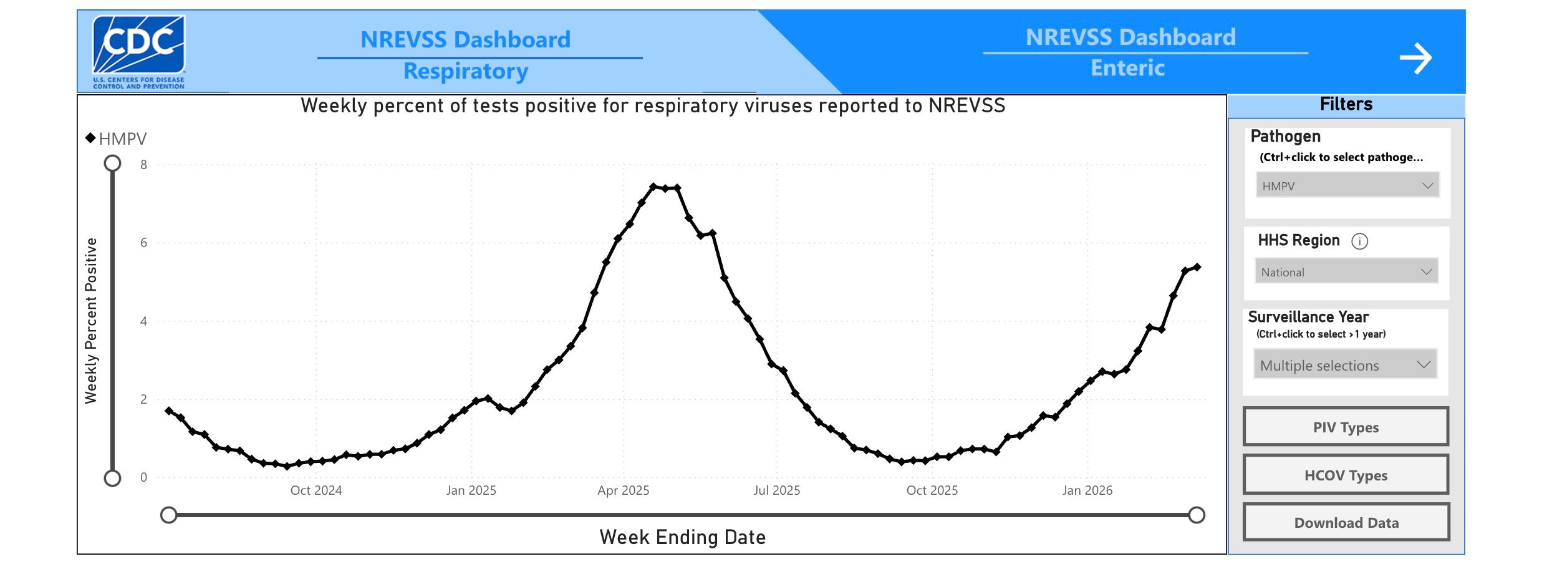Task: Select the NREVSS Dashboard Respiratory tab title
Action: tap(465, 55)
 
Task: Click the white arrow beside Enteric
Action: tap(1415, 59)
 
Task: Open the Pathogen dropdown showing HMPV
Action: tap(1347, 185)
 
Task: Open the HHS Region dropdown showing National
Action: tap(1346, 271)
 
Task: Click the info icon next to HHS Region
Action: tap(1359, 241)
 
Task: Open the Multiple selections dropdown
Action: tap(1345, 365)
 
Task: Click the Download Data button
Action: tap(1346, 522)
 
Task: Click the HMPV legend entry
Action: tap(117, 139)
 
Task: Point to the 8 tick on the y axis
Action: tap(144, 165)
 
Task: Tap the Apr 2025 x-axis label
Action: tap(623, 490)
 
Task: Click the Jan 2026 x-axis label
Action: tap(1087, 490)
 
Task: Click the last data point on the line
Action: tap(1197, 267)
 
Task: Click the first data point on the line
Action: tap(169, 411)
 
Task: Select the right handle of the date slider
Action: tap(1197, 515)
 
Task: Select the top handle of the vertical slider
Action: tap(112, 163)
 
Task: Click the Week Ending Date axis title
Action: tap(682, 537)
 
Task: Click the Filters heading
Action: tap(1346, 104)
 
